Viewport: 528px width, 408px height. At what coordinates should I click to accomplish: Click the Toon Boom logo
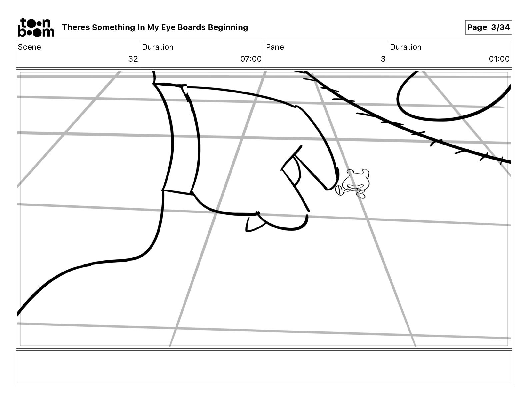pos(36,27)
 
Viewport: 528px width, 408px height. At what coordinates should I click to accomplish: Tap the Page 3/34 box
pos(488,27)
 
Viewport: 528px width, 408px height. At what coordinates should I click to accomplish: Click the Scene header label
pos(29,47)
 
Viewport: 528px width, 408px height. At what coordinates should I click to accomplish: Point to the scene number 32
pos(133,59)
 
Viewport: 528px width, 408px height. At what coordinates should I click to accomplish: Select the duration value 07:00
pos(251,59)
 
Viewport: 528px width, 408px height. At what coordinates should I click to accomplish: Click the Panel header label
pos(276,47)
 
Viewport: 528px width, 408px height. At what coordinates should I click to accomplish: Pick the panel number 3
pos(383,59)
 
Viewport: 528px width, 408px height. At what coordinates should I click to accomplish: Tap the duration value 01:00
pos(499,59)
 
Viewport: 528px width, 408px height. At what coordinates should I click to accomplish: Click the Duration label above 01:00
pos(406,47)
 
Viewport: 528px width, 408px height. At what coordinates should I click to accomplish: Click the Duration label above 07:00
pos(158,47)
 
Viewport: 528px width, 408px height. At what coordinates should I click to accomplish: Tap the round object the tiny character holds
pos(340,190)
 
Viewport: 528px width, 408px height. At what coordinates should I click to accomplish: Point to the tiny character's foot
pos(361,195)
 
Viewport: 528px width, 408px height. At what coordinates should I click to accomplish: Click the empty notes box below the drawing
pos(264,367)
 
